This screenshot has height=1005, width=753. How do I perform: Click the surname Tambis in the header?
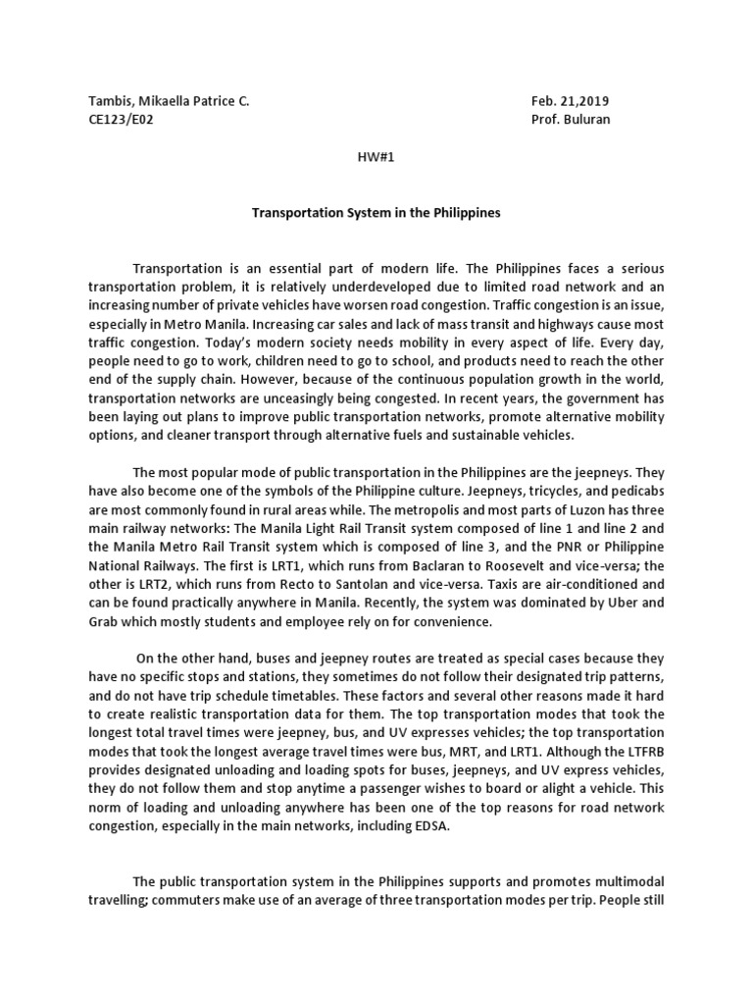(111, 101)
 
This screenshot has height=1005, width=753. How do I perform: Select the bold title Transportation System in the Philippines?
(376, 212)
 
